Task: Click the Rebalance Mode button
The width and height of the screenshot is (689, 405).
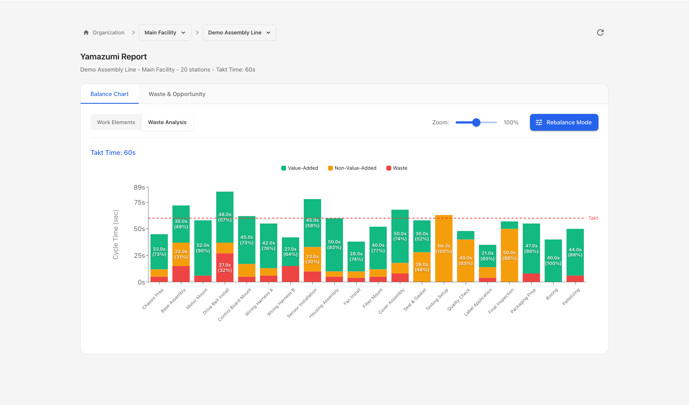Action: (x=564, y=122)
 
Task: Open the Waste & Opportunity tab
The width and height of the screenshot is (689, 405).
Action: (x=177, y=94)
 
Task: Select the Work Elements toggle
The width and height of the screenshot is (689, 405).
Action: (x=116, y=122)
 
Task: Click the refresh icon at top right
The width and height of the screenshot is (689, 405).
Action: (x=600, y=32)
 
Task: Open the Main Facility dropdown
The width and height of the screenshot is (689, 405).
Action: (x=165, y=32)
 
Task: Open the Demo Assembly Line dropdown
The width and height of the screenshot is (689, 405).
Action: (x=239, y=32)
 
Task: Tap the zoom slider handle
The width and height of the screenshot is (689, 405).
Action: (x=476, y=122)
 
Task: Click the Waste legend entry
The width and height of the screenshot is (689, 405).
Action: (x=397, y=168)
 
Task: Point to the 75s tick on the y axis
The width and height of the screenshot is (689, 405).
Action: (x=140, y=202)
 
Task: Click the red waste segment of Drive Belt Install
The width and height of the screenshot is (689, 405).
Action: (x=225, y=267)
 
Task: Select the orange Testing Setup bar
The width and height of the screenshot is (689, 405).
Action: (x=444, y=248)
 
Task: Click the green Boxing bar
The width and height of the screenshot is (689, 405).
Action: (x=553, y=260)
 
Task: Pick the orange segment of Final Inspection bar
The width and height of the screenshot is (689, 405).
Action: (x=509, y=255)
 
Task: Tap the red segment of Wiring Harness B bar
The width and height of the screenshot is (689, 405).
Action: (x=290, y=274)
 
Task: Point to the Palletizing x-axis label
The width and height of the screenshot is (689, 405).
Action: (x=571, y=297)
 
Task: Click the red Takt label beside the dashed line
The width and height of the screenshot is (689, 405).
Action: (x=593, y=218)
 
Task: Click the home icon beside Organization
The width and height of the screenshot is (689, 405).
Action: (x=86, y=32)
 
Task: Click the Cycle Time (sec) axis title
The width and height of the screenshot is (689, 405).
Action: (x=116, y=234)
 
